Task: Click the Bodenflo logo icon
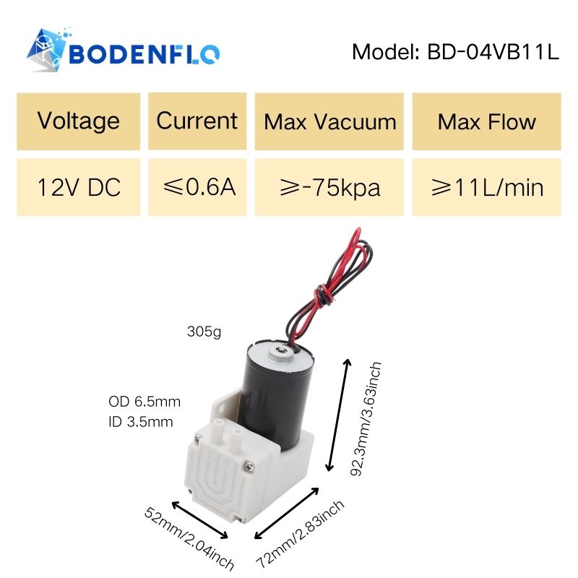[x=47, y=49]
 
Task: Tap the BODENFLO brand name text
[x=144, y=53]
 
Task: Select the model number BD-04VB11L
[x=493, y=51]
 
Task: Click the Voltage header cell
[x=79, y=121]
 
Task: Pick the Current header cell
[x=197, y=121]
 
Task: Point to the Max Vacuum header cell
[x=329, y=121]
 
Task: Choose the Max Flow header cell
[x=486, y=121]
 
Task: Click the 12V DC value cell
[x=79, y=187]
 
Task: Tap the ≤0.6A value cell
[x=197, y=187]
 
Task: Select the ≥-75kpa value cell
[x=329, y=187]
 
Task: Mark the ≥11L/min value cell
[x=486, y=187]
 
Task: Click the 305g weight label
[x=204, y=332]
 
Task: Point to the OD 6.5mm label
[x=144, y=402]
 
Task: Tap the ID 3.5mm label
[x=141, y=422]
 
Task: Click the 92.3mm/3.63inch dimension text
[x=366, y=419]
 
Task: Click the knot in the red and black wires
[x=323, y=296]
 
